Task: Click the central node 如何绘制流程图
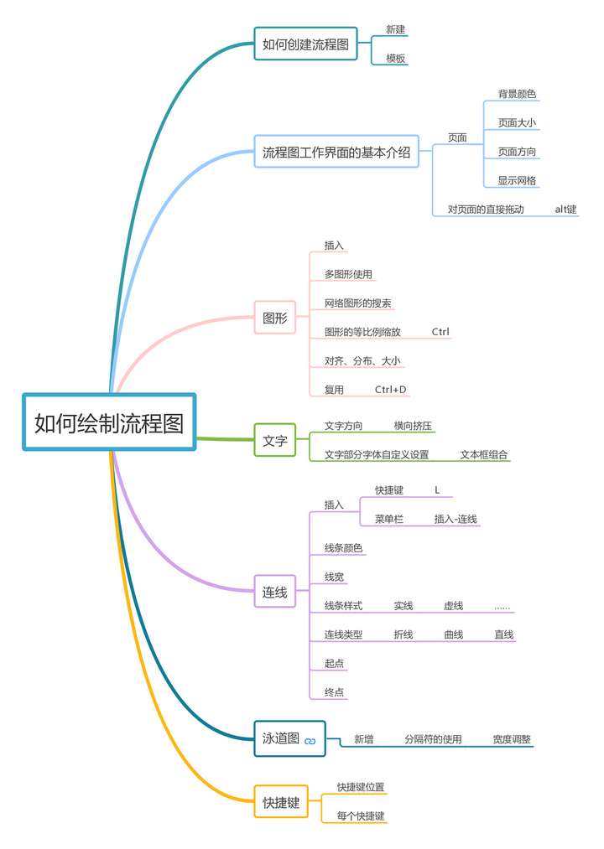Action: click(x=109, y=422)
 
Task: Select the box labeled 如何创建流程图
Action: click(x=305, y=44)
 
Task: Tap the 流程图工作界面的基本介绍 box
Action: click(x=336, y=153)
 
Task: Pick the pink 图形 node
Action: click(x=275, y=318)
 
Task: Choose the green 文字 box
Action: click(x=275, y=440)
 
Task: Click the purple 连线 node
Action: click(x=275, y=592)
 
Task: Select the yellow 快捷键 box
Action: click(x=281, y=802)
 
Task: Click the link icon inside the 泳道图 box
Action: click(x=310, y=742)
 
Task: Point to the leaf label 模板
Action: click(x=396, y=59)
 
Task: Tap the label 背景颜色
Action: click(x=517, y=94)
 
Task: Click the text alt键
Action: click(x=565, y=210)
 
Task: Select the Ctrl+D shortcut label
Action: click(x=390, y=390)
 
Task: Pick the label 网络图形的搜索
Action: click(x=358, y=303)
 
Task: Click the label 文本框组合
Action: click(x=483, y=455)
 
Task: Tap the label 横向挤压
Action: click(x=413, y=426)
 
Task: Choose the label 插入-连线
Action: click(x=456, y=520)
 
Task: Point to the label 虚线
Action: click(x=454, y=606)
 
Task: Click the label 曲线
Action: click(x=454, y=634)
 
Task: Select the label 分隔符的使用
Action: click(x=433, y=739)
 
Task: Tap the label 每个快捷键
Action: click(x=361, y=815)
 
